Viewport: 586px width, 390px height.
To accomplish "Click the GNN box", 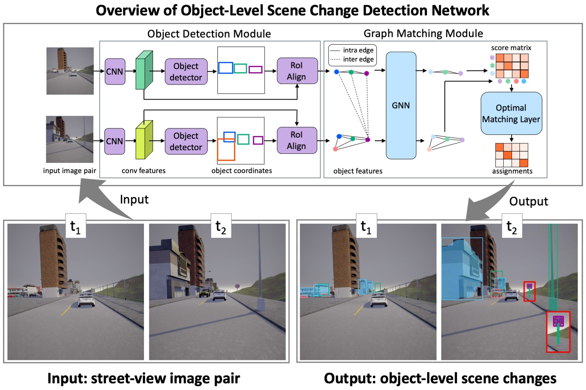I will tap(401, 106).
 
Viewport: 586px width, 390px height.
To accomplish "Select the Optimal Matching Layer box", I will tap(511, 113).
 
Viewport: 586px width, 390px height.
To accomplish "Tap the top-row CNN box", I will tap(115, 72).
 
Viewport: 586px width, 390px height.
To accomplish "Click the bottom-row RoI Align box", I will tap(297, 140).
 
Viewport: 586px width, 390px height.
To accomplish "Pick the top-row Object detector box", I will tap(186, 72).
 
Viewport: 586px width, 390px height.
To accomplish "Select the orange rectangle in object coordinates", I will tap(226, 150).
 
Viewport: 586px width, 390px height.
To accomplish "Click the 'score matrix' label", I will tap(511, 48).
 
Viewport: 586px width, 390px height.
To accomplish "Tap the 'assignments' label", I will tap(512, 171).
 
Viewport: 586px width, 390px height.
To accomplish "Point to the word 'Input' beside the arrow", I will tap(134, 200).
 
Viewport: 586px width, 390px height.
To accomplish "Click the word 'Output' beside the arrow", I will tap(528, 202).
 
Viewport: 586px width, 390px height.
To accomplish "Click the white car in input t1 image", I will tap(87, 300).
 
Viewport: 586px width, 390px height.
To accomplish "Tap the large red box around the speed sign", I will tap(558, 332).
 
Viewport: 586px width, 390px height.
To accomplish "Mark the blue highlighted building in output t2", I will tap(461, 269).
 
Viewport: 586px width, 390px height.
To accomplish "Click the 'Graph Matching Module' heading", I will tap(423, 34).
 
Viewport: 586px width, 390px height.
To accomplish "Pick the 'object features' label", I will tap(357, 171).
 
